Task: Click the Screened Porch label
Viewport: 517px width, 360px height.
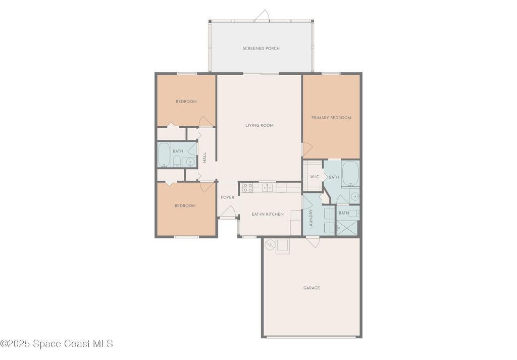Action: (261, 48)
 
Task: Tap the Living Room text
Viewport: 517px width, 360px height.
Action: (260, 125)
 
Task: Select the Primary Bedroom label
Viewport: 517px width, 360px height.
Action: (331, 118)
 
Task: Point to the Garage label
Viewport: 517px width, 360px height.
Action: (312, 288)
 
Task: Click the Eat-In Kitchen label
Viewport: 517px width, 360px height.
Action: (268, 214)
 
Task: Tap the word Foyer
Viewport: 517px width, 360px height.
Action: (228, 197)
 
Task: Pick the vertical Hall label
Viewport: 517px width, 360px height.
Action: (205, 158)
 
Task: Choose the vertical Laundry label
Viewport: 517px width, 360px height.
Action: (311, 219)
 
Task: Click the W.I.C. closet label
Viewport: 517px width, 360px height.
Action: (315, 177)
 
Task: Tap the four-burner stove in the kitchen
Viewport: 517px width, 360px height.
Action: (247, 188)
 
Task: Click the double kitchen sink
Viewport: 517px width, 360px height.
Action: (268, 188)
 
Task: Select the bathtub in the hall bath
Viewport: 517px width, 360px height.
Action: (164, 155)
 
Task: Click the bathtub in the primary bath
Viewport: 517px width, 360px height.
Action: (350, 173)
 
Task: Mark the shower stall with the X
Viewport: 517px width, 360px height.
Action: (346, 228)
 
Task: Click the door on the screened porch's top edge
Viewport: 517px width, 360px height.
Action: (263, 16)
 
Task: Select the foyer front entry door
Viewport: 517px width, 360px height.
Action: (228, 212)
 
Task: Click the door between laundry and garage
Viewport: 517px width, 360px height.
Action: (313, 242)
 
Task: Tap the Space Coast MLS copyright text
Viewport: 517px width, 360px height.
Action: (57, 344)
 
